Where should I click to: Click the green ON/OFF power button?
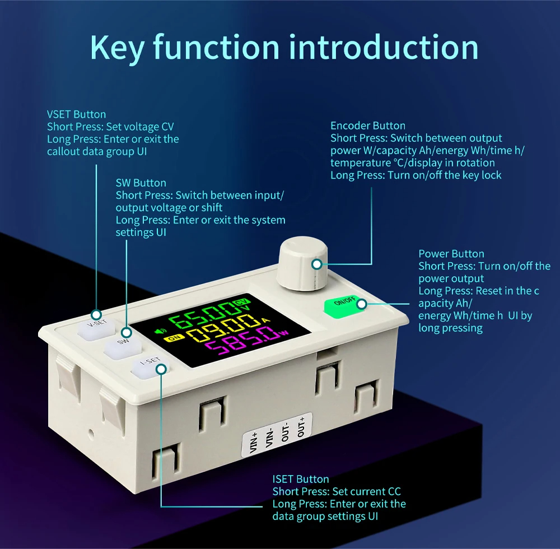pos(344,306)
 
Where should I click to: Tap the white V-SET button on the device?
pos(96,328)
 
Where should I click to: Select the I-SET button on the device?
pos(150,367)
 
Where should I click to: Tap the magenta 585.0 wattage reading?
pos(240,342)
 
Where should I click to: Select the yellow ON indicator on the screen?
pos(174,338)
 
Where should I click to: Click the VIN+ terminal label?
pos(254,443)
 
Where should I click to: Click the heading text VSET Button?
pos(76,114)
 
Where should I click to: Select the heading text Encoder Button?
pos(368,125)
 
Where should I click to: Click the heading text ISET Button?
pos(301,479)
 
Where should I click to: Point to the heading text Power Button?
pos(451,254)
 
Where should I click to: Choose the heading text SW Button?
pos(141,183)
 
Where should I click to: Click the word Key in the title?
pos(117,48)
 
